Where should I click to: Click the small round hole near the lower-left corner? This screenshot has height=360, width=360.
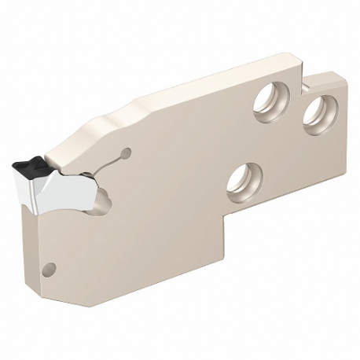[53, 266]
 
